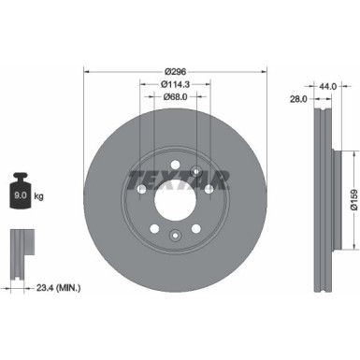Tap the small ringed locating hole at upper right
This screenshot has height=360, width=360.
coord(194,170)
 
